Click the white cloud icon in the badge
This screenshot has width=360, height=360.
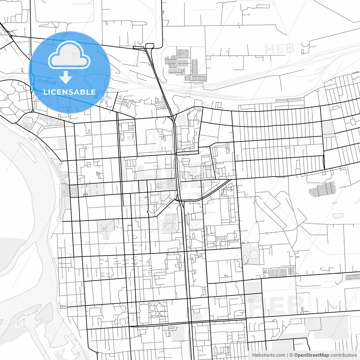[x=69, y=56]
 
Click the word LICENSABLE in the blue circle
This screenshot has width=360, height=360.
[x=69, y=92]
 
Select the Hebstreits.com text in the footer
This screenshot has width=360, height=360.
[x=269, y=355]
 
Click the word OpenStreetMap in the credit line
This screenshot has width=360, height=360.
[x=311, y=355]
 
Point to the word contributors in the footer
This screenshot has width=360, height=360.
[x=343, y=355]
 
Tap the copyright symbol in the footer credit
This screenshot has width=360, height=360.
[x=291, y=355]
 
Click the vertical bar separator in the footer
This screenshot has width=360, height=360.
[x=287, y=355]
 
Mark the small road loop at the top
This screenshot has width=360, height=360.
[x=150, y=46]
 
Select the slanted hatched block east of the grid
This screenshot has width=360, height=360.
[x=322, y=189]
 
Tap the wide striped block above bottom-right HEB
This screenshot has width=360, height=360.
[x=278, y=272]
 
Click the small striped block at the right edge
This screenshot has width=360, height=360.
[x=352, y=277]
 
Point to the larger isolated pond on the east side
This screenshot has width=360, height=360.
[x=338, y=216]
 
